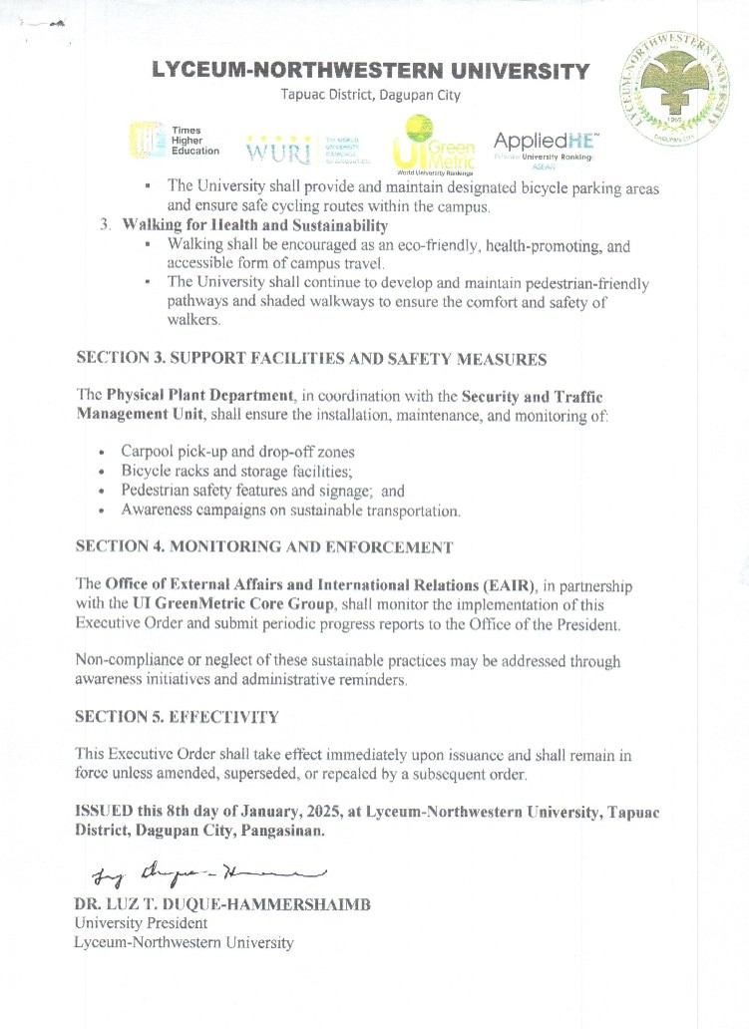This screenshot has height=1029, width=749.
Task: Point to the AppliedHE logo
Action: tap(544, 147)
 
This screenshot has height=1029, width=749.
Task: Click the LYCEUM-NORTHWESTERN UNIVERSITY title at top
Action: tap(370, 72)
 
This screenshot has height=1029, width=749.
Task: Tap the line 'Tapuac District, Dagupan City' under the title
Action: tap(370, 96)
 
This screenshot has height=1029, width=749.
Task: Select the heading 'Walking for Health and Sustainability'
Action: tap(254, 224)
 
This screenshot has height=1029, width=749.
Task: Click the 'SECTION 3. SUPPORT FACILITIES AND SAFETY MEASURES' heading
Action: tap(311, 358)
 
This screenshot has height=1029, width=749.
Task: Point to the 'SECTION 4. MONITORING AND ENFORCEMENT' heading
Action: tap(264, 547)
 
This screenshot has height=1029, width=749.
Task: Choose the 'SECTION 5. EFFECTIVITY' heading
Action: tap(178, 716)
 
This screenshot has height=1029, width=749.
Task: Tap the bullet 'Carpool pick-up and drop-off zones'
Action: tap(237, 451)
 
